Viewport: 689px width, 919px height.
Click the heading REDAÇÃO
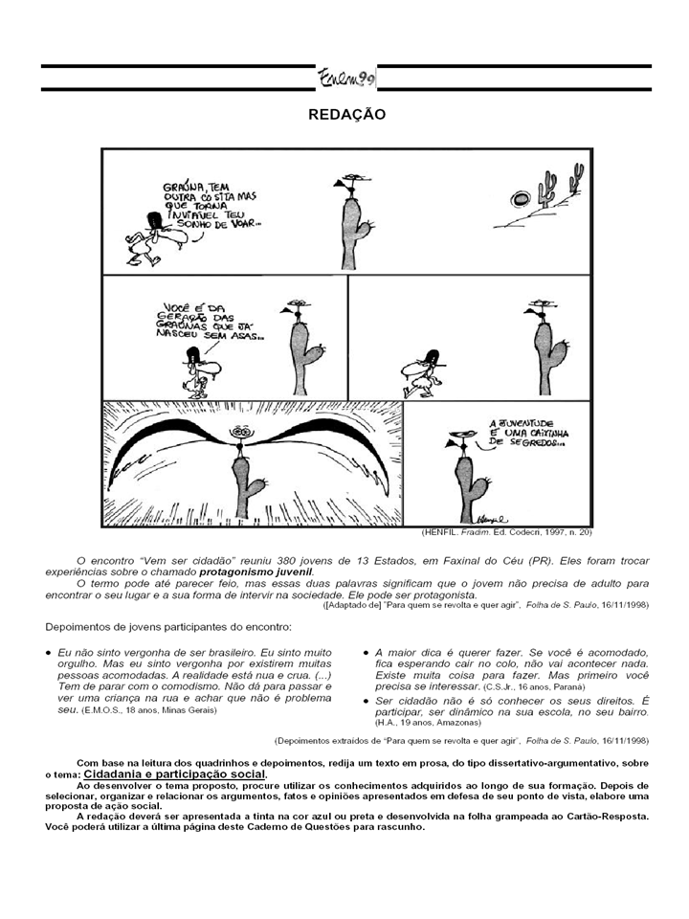tap(346, 114)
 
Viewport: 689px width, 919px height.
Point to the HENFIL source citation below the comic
tap(507, 532)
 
